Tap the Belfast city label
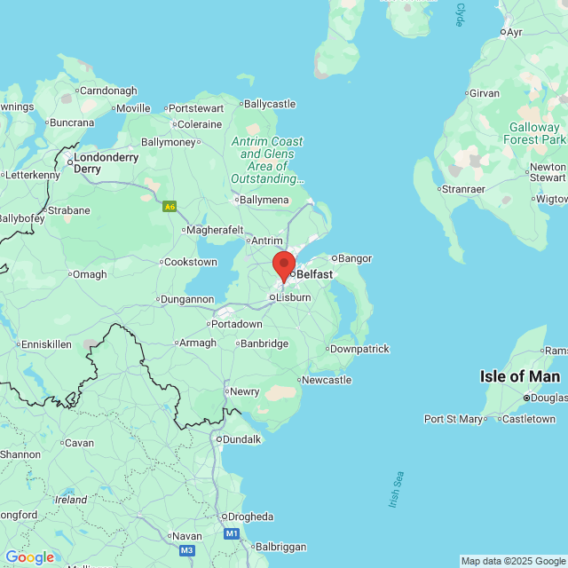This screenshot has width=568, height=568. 314,274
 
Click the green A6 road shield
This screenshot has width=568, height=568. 170,207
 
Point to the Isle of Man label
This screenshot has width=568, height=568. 520,376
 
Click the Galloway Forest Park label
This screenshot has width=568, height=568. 533,133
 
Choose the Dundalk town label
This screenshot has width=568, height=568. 241,439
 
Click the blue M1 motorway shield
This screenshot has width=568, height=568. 232,533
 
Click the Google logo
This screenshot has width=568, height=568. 30,556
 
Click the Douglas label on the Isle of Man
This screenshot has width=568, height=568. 548,397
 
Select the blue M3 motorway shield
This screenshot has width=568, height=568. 186,550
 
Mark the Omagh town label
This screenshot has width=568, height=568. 89,274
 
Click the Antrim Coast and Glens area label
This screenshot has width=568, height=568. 266,160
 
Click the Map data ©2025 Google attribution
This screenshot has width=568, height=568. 513,561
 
